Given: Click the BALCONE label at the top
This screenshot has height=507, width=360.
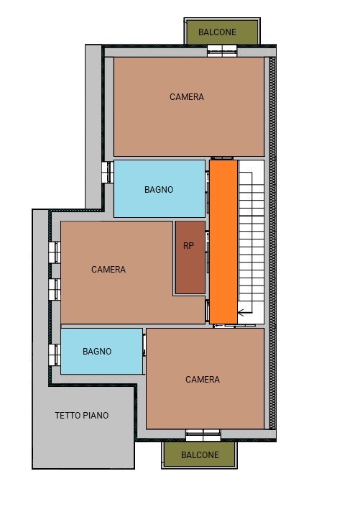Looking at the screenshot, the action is point(217,32).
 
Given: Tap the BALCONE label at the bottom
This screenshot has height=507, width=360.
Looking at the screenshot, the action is point(200,455).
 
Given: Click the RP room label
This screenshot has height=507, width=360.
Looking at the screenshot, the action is point(188,246).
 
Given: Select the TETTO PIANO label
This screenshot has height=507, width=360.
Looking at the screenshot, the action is point(81,415).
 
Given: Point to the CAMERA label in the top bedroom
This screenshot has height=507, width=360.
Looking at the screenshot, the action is point(187,96).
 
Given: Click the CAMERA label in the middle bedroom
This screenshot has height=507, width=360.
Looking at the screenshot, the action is point(109,270).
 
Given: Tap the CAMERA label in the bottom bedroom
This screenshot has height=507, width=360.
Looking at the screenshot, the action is point(203,379).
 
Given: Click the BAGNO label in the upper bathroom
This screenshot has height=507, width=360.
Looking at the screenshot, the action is point(159,189).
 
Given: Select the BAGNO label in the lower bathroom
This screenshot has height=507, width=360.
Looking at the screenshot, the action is point(97,351).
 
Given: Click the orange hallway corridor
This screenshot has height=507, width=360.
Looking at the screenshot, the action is point(223,242).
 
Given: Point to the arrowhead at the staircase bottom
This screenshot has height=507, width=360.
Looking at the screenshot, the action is point(241,313).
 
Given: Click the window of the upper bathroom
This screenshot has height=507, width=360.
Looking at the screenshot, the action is point(108,173).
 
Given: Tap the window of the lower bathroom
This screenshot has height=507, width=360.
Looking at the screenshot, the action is point(55,355).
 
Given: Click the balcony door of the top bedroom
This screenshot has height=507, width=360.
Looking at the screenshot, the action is point(222,51).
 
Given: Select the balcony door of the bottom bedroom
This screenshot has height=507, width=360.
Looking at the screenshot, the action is point(203,435).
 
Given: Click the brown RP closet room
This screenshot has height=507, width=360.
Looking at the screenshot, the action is point(190,257).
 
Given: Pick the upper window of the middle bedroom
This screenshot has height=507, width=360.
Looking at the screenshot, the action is point(55,252).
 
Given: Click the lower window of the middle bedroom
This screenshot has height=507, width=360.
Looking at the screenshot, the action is point(55,289).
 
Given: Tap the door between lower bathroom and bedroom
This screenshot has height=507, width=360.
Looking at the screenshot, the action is point(144,345).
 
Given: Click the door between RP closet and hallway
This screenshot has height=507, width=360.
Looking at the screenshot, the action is point(207,252).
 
